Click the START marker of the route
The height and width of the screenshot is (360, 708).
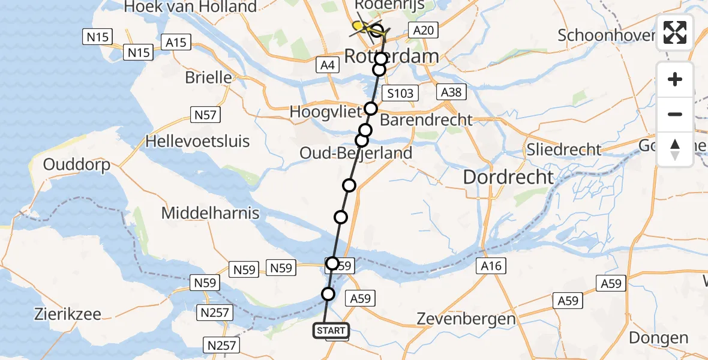click(331, 331)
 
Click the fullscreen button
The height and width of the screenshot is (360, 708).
click(675, 32)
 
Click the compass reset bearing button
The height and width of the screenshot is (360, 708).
click(675, 149)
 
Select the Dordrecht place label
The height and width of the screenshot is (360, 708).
click(508, 177)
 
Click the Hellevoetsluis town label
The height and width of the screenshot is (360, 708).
click(198, 142)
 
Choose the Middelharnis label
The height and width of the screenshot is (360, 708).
click(210, 213)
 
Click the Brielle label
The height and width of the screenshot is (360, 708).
click(208, 77)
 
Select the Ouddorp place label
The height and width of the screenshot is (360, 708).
click(77, 164)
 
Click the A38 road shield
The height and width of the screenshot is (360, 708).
click(451, 92)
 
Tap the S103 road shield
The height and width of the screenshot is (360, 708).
click(400, 93)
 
